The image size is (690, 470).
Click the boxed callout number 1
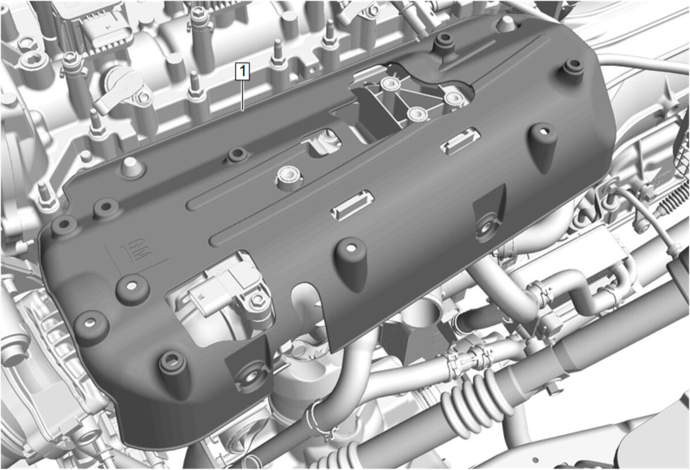click(243, 72)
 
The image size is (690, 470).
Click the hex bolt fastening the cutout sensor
click(256, 302)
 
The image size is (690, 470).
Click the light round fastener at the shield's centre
click(288, 178)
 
